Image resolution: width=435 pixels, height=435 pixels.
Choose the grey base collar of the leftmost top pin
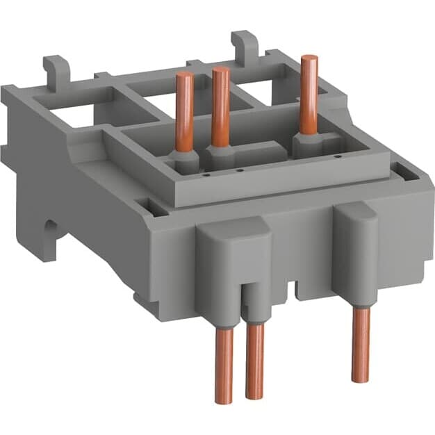coord(184,161)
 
